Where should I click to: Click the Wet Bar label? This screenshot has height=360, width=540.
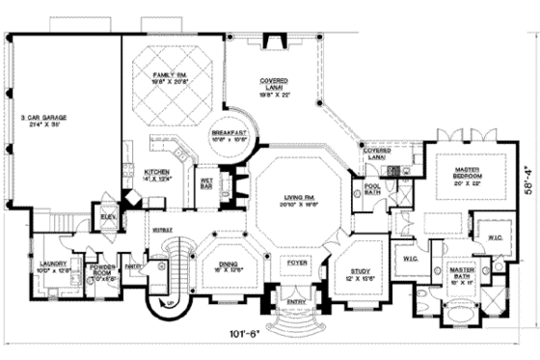(206, 181)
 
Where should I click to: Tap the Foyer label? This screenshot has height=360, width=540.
(294, 261)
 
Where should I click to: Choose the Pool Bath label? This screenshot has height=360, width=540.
(371, 191)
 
